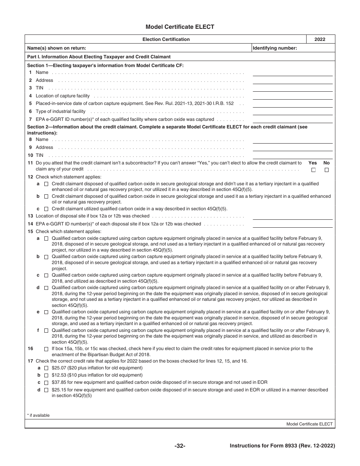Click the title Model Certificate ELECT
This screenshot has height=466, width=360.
[x=180, y=27]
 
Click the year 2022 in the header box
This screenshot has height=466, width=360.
[x=320, y=39]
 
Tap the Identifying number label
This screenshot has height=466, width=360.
[x=275, y=48]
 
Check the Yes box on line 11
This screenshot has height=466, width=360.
[x=313, y=170]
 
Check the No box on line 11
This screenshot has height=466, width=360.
[x=327, y=170]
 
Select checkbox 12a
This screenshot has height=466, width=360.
[x=46, y=184]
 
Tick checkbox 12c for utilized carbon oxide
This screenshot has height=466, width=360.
[x=46, y=209]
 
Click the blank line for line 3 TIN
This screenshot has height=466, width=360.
[x=293, y=89]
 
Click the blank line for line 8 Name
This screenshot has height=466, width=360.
[x=293, y=141]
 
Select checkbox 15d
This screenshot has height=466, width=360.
[x=46, y=288]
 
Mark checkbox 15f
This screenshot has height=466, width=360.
[x=46, y=331]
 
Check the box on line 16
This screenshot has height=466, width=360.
[x=46, y=349]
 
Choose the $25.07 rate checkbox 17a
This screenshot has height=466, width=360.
[x=46, y=368]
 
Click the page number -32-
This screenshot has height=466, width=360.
[x=180, y=446]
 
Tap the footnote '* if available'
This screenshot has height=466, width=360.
[x=39, y=415]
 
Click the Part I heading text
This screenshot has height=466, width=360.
[x=99, y=57]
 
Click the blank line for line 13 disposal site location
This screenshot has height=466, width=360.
[x=293, y=217]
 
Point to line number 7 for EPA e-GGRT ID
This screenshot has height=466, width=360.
[x=30, y=119]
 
